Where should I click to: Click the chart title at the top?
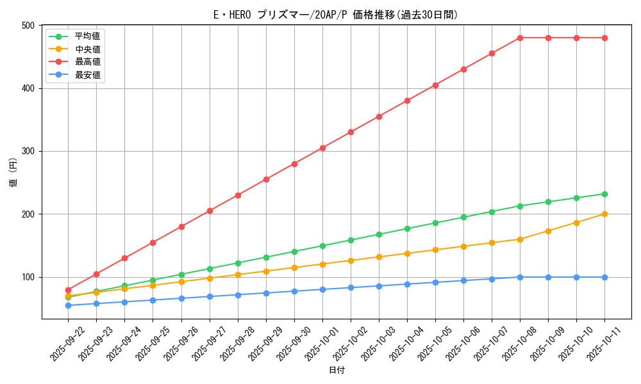pos(335,15)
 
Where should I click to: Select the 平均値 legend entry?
pos(87,36)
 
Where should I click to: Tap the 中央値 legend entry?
pos(87,49)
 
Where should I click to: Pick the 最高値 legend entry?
pos(87,62)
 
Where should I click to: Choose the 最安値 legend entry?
pos(87,75)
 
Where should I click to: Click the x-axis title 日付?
pos(337,371)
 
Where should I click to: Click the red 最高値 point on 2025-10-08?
pos(520,38)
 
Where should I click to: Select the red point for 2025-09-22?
pos(68,290)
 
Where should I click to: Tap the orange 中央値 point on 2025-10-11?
pos(604,214)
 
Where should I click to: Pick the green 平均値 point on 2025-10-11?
pos(604,194)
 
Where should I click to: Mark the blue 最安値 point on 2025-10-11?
pos(604,277)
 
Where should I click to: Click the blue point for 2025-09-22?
pos(68,305)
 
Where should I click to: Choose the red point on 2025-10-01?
pos(322,148)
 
